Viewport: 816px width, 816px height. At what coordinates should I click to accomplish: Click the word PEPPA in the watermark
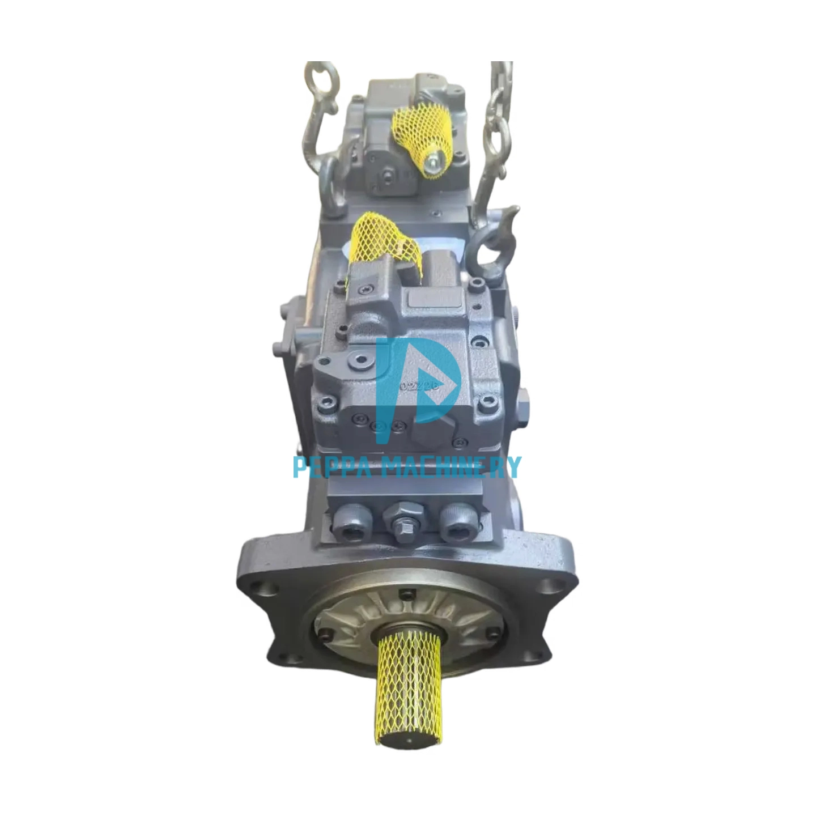point(330,467)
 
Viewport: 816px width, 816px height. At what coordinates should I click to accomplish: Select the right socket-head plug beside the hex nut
point(457,525)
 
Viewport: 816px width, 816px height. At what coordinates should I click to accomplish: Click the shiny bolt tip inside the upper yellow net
point(432,163)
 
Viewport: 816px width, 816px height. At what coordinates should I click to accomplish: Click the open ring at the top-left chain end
point(321,79)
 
